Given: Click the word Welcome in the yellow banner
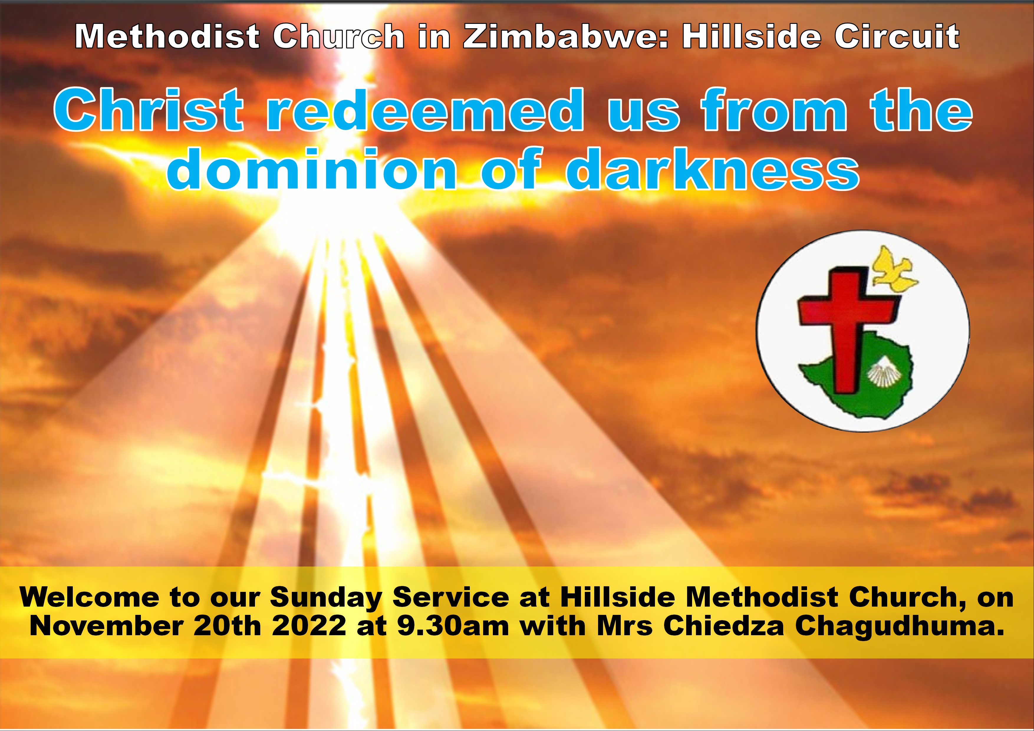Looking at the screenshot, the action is [x=90, y=598].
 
